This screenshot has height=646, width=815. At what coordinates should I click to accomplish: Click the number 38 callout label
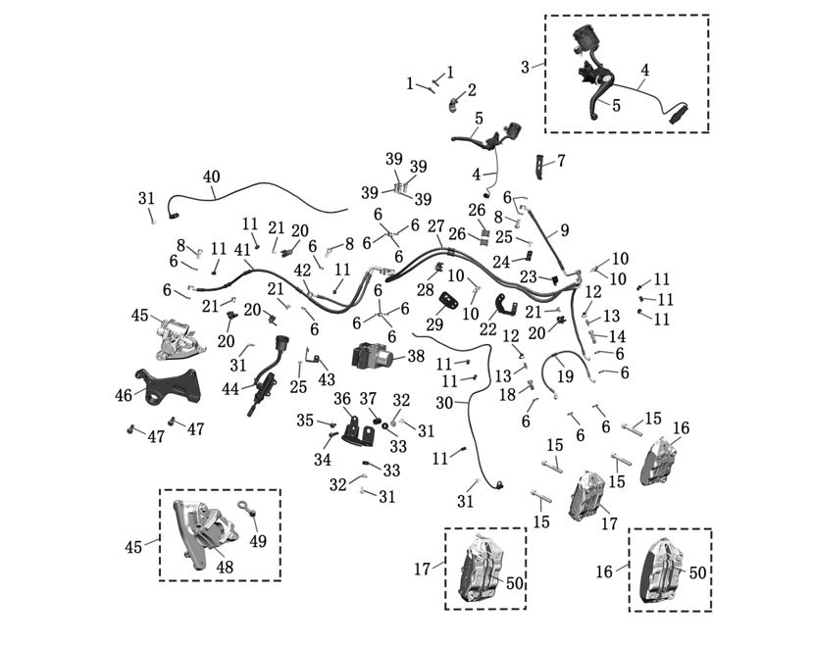click(x=416, y=357)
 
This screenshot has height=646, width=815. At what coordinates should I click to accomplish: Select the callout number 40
click(x=212, y=176)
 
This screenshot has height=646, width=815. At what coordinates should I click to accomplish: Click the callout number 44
click(x=230, y=388)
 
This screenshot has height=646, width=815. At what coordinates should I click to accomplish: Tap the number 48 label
click(x=225, y=568)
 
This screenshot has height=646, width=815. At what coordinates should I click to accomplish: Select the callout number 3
click(x=526, y=67)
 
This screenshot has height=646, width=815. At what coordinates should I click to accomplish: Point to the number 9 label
click(x=565, y=231)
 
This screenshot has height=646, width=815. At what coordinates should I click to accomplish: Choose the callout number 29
click(x=434, y=324)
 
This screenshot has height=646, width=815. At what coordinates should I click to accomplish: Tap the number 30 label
click(x=444, y=402)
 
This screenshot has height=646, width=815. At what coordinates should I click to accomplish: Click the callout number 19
click(x=565, y=376)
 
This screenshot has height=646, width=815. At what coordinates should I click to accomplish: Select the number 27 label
click(x=435, y=225)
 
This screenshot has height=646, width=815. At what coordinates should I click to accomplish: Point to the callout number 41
click(x=243, y=250)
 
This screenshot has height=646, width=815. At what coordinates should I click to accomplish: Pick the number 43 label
click(x=327, y=379)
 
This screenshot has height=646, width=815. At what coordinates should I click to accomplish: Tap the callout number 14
click(x=617, y=336)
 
